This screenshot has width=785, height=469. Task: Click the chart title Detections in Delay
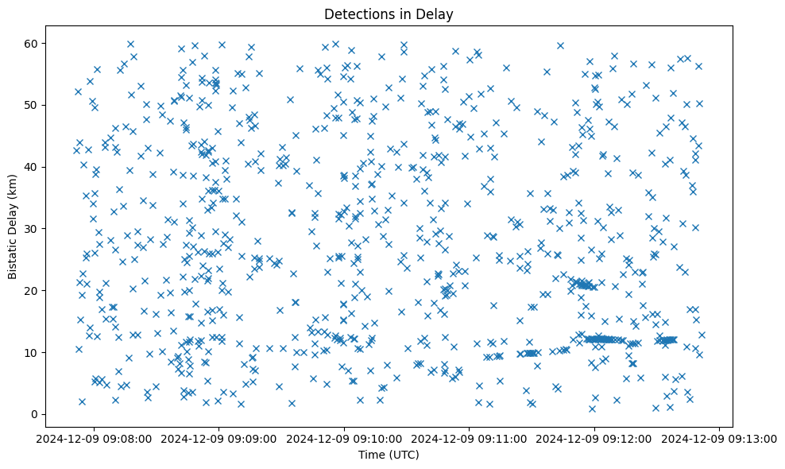tap(389, 14)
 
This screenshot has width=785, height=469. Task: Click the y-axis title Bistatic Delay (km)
tap(13, 216)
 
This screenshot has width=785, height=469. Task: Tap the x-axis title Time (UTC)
tap(389, 455)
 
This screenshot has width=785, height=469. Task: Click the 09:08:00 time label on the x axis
tap(94, 437)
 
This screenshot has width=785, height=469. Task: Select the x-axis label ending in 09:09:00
tap(219, 437)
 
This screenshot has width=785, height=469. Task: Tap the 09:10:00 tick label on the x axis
tap(344, 437)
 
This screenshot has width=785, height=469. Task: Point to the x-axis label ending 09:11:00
tap(470, 437)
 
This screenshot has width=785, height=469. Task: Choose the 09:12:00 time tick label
tap(594, 437)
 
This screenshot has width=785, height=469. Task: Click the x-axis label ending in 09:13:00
tap(720, 437)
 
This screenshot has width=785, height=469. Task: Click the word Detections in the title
tap(358, 14)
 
